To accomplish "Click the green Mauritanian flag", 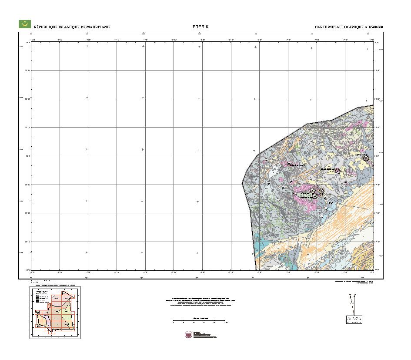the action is pos(24,24).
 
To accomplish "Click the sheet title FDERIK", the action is pos(201,27).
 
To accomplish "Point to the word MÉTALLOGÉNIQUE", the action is pos(345,27).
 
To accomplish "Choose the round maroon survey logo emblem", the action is pos(188,334).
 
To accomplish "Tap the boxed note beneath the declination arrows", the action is pos(354,320).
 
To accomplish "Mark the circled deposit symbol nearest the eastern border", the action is pos(366,158).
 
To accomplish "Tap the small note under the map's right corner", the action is pos(353,282).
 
